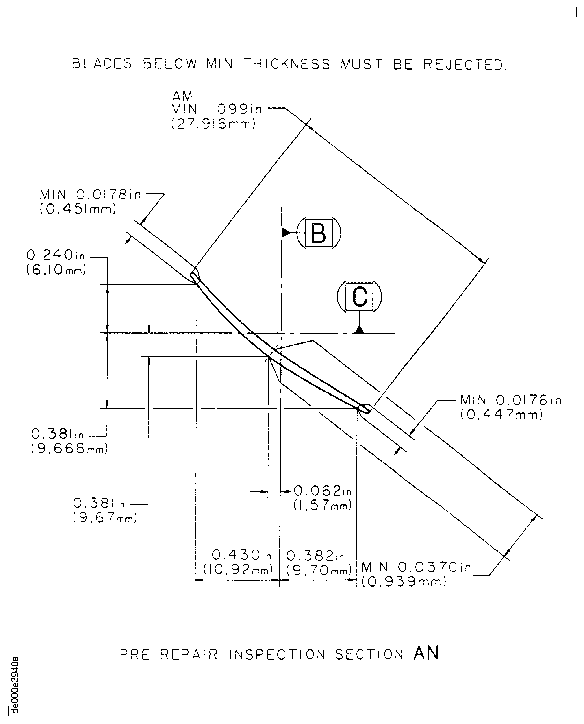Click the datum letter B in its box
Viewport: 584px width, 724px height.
point(319,233)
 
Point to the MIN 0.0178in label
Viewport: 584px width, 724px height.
point(90,195)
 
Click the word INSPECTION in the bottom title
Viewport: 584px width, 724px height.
point(277,654)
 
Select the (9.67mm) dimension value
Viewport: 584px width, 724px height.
point(105,517)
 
